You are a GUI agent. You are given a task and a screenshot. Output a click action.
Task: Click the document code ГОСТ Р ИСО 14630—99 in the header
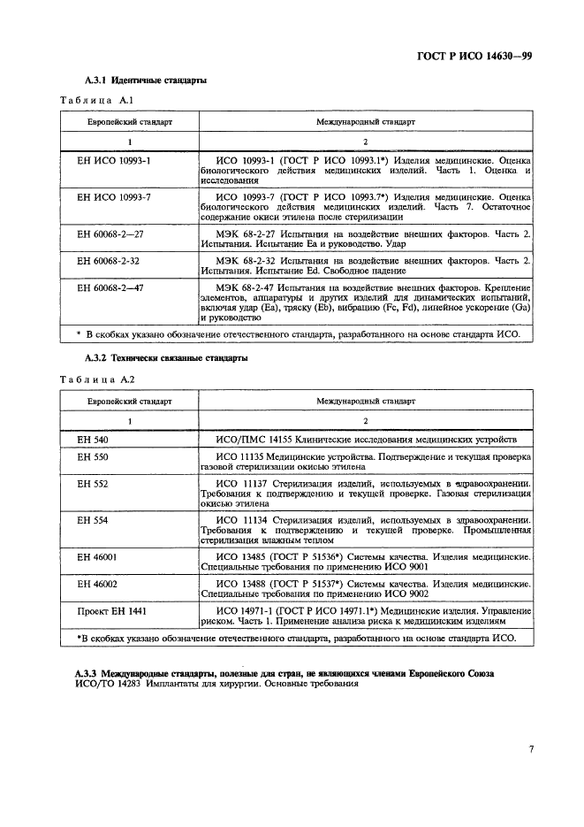coord(474,59)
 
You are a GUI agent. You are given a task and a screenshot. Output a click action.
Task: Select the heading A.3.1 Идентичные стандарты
coord(146,80)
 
